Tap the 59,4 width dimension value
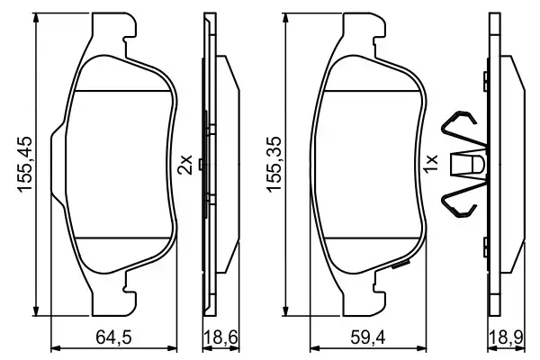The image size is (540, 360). (366, 339)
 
